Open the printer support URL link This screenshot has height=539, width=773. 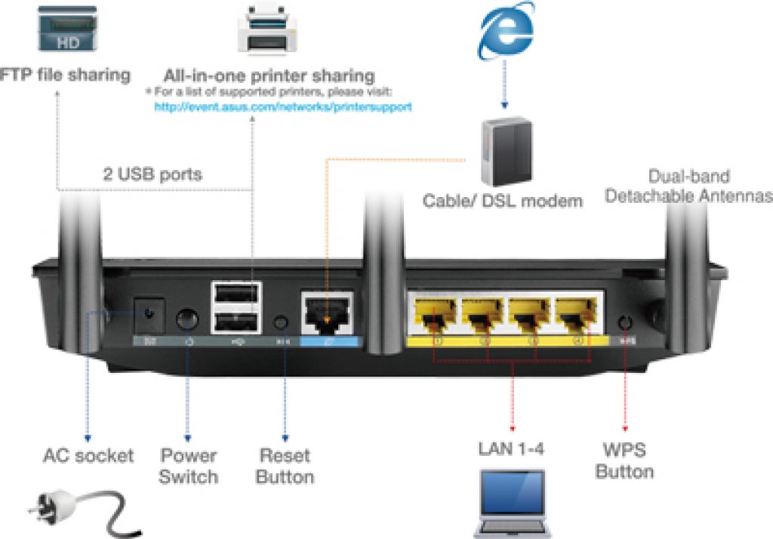coord(283,107)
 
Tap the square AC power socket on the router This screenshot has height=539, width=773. coord(150,313)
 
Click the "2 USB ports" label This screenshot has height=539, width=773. coord(152,174)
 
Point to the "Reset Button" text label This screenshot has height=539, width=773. coord(285,466)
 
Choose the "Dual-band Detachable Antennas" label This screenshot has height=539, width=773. coord(688,186)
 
